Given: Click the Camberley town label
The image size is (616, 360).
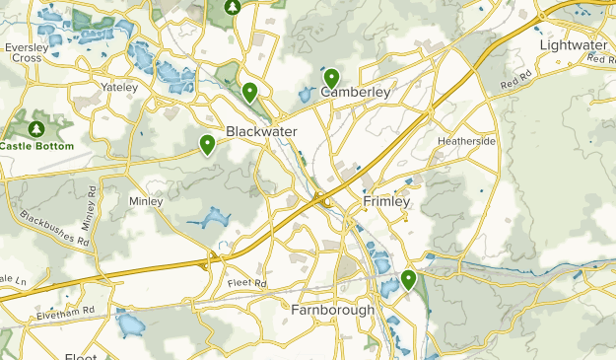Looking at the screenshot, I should coord(356,93).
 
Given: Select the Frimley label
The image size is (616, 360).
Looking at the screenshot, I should coord(385,201).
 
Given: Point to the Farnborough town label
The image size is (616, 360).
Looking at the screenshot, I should coord(332,310).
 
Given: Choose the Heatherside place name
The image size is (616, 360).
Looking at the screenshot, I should coord(466,141).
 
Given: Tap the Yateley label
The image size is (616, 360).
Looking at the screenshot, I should coord(120,87).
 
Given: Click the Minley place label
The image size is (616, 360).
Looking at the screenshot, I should coord(145,200).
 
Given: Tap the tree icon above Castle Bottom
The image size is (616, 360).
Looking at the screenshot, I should coord(37,128).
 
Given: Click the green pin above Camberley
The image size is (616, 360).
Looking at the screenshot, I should coord(331,77).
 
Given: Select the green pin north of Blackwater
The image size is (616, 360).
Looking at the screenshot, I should coord(250,93).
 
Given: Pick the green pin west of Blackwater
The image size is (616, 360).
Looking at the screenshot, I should coord(208,144).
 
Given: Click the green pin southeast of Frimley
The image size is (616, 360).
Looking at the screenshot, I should coord(409,280).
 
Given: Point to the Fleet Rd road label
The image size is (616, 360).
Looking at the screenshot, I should coord(247,284).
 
